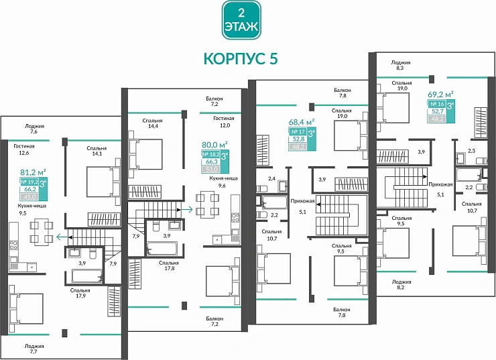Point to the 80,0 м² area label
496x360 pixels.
click(214, 143)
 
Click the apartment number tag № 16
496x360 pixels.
click(437, 105)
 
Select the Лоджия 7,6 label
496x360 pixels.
click(35, 129)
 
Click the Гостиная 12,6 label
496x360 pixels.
click(23, 148)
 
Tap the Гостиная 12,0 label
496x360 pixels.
click(221, 121)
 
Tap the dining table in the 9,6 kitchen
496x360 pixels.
click(206, 204)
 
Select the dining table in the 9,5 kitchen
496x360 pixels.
click(41, 232)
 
